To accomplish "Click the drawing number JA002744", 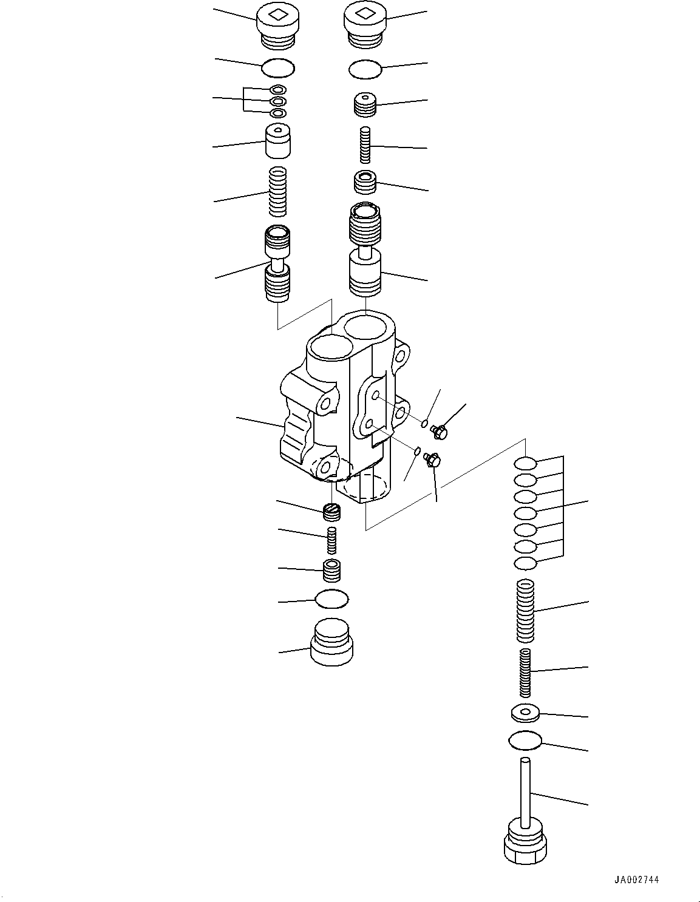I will [x=636, y=880].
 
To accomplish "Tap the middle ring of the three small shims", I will [x=278, y=101].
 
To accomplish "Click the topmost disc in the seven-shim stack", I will [x=525, y=464].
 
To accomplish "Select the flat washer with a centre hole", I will [x=525, y=713].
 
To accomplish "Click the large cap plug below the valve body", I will [x=331, y=642].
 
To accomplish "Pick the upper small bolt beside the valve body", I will [x=438, y=432].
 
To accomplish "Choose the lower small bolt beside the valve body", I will [x=433, y=461].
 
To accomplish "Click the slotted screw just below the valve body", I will [x=332, y=512].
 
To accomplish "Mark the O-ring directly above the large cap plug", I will [x=331, y=600].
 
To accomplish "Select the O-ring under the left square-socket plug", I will [x=278, y=68].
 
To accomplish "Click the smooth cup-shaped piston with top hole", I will [x=278, y=142].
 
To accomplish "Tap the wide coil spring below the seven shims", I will [x=525, y=611].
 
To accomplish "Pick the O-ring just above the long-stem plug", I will [x=525, y=740].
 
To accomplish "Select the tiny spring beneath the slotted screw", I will [x=331, y=540].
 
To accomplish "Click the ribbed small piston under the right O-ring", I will [x=365, y=105].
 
